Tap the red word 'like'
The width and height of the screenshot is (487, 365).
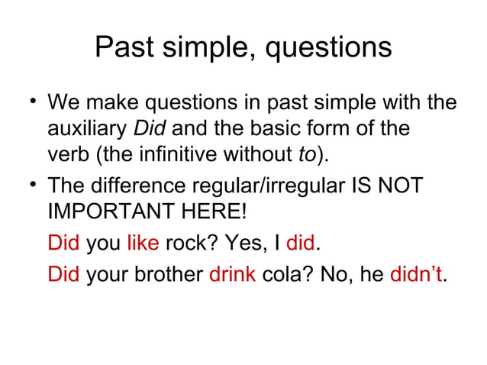(143, 244)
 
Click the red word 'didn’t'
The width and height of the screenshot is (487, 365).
(415, 273)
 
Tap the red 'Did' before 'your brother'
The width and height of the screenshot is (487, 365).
(63, 273)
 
